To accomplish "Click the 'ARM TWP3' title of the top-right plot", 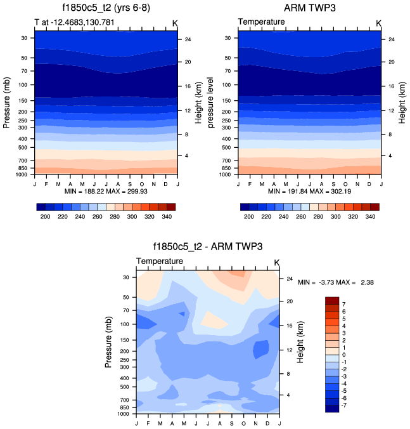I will click(x=310, y=10).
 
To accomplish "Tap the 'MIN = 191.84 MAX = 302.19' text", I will click(x=310, y=190).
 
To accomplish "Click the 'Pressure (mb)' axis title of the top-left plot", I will click(x=8, y=103).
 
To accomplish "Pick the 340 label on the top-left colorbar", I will click(x=168, y=217).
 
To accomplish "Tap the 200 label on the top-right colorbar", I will click(x=248, y=217).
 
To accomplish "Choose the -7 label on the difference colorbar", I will click(x=345, y=404).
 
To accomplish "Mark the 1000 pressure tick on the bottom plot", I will click(x=124, y=413).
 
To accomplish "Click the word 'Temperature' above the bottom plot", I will click(x=160, y=261).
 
